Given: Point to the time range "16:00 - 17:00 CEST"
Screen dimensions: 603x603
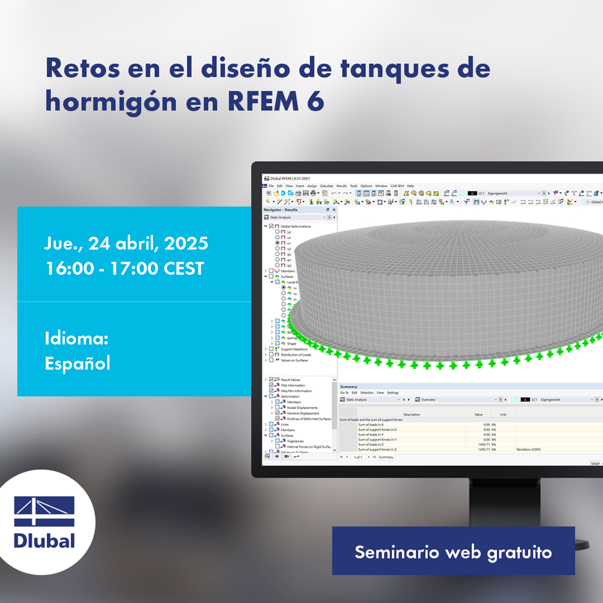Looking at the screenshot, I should [124, 269].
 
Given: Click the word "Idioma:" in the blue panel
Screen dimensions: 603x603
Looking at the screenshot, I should [77, 339].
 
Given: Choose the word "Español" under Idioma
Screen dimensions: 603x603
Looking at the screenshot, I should [78, 364].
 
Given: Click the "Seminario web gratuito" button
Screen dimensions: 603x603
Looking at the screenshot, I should [453, 551].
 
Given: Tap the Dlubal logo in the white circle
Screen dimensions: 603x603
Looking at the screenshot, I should [45, 522].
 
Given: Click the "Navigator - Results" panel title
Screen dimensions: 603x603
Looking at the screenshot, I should [281, 209].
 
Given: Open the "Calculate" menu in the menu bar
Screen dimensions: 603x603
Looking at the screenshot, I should [326, 186].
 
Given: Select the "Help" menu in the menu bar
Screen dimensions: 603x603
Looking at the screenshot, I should [410, 186].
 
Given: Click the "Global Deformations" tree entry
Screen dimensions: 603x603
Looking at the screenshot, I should [296, 226].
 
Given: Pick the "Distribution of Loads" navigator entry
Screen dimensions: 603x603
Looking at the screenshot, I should [297, 355].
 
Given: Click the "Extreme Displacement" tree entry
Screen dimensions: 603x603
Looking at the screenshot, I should [303, 413].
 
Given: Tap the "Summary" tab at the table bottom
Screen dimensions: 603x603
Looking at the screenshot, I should [386, 457].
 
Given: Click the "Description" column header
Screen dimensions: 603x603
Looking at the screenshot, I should [412, 415].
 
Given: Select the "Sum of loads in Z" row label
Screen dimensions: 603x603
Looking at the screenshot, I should [372, 444].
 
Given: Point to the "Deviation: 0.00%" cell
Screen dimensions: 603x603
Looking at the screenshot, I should [528, 449].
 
